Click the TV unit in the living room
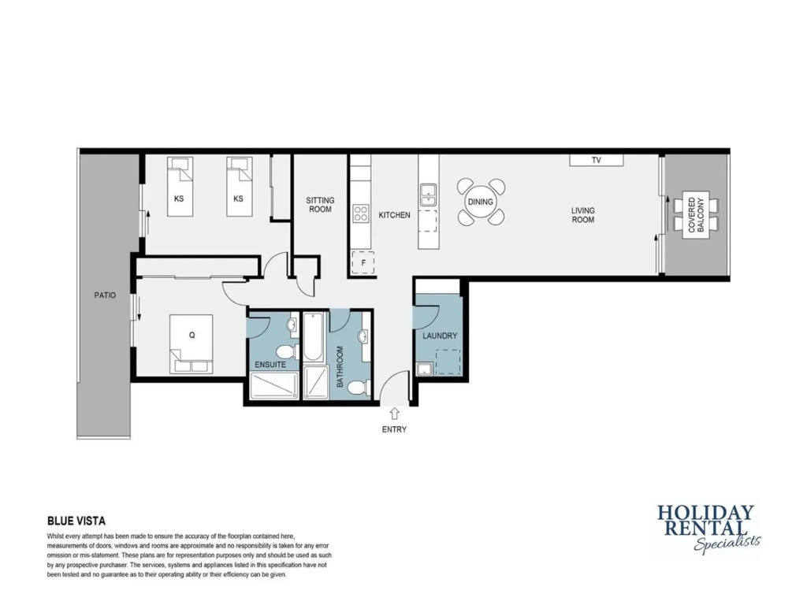pos(597,160)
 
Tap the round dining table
pos(480,202)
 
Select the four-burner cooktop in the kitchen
pos(361,213)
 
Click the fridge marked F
pos(363,262)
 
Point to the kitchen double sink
pos(428,195)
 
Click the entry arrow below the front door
pos(394,414)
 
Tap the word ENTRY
pos(394,429)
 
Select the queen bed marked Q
pos(192,343)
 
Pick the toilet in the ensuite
pos(285,352)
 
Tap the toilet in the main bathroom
pos(359,387)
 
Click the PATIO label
pos(105,295)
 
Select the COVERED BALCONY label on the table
pos(696,214)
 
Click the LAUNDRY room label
pos(440,336)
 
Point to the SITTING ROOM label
pos(320,205)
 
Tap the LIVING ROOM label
pos(582,215)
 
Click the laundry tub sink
pos(425,369)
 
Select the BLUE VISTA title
pos(76,521)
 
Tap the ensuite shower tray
pos(273,385)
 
